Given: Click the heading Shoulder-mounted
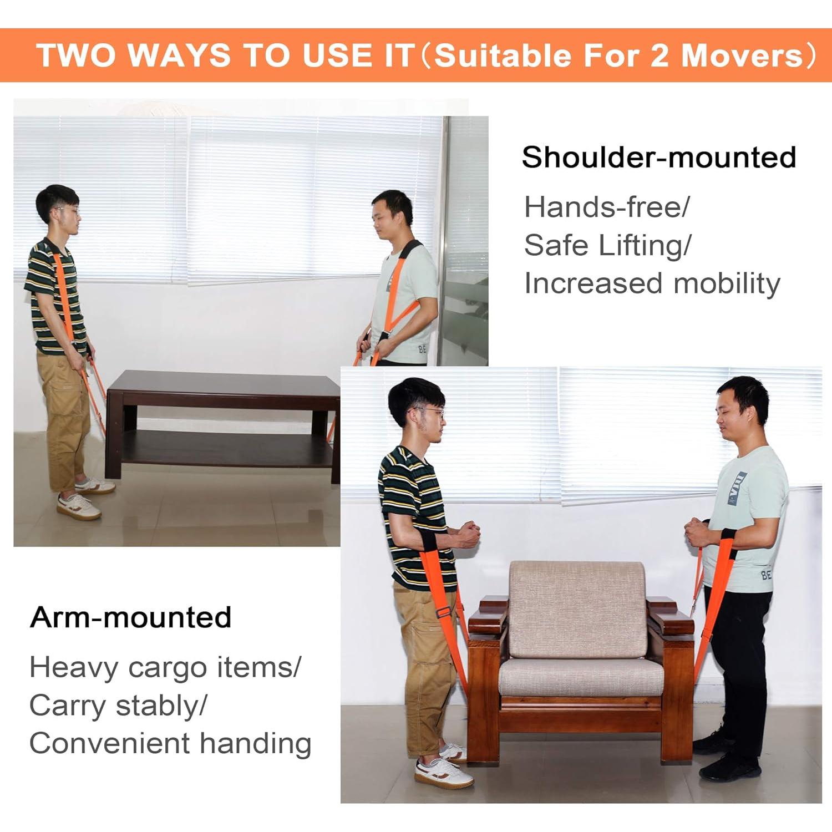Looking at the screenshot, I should coord(659,158).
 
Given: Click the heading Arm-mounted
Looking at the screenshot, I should coord(131,617).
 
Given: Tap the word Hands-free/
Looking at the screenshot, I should coord(607,207).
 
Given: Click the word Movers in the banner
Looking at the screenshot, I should coord(742,55).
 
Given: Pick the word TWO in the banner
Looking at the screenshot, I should coord(77,55).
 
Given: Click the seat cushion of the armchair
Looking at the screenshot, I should coord(581,676).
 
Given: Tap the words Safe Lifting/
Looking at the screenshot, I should coord(607,246).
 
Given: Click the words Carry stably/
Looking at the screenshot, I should coord(118,706).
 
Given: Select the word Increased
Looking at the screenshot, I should coord(593,283).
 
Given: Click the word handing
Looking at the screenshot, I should coord(256,744).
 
